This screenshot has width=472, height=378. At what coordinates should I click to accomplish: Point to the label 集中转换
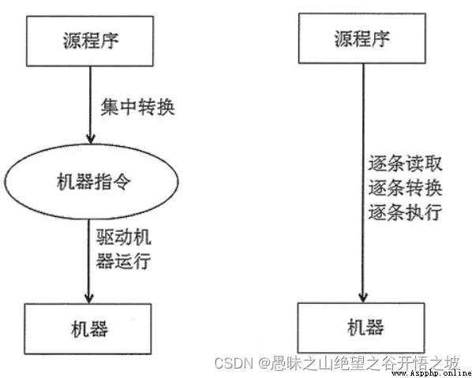pyautogui.click(x=137, y=107)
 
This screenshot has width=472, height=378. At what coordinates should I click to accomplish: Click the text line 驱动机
pyautogui.click(x=123, y=238)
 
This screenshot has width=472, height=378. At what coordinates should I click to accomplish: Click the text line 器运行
pyautogui.click(x=123, y=260)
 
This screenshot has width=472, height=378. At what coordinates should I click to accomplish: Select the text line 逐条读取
pyautogui.click(x=405, y=163)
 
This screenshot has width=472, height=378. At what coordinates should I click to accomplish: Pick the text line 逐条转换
pyautogui.click(x=405, y=188)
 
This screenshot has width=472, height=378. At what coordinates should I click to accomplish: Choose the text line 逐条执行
pyautogui.click(x=405, y=211)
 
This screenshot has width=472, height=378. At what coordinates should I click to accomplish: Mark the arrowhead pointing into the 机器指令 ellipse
pyautogui.click(x=91, y=139)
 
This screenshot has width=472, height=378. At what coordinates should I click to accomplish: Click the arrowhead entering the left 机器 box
pyautogui.click(x=89, y=298)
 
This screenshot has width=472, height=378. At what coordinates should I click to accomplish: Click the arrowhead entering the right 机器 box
pyautogui.click(x=363, y=298)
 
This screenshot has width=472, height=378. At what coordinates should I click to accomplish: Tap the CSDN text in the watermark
pyautogui.click(x=234, y=363)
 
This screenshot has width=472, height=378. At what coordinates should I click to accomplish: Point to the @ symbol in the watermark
pyautogui.click(x=264, y=364)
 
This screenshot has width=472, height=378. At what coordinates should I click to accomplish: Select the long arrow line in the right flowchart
pyautogui.click(x=363, y=183)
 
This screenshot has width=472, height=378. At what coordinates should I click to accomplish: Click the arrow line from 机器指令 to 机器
pyautogui.click(x=89, y=261)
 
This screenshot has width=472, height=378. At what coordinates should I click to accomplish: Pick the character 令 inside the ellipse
pyautogui.click(x=122, y=182)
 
